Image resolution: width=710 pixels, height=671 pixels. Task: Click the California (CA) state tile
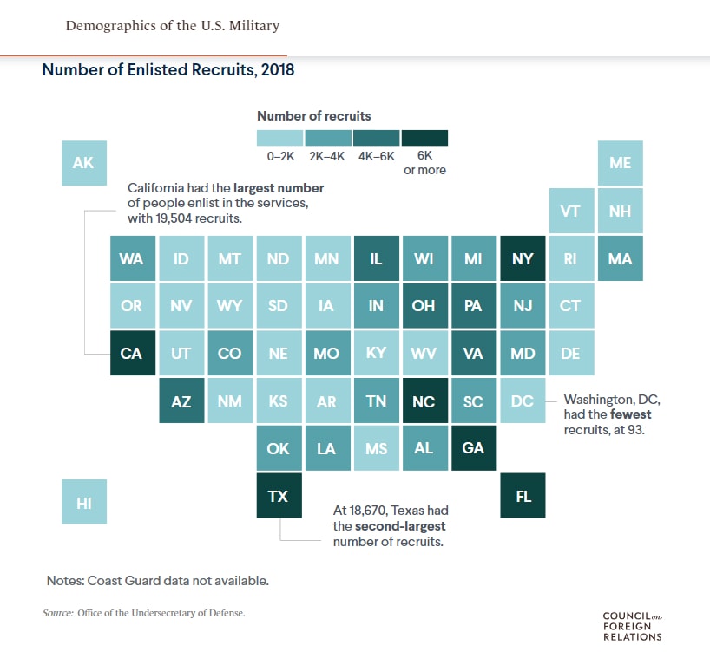(132, 353)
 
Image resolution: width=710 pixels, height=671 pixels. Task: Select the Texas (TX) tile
(278, 496)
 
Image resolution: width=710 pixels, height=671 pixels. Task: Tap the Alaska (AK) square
(83, 162)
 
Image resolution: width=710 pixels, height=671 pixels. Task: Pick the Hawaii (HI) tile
(83, 502)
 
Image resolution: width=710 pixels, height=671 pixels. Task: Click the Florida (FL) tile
(523, 496)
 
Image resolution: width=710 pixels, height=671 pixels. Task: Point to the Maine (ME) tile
(620, 162)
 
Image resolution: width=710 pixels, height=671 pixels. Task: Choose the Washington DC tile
(523, 401)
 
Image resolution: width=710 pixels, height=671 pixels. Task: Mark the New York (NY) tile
(523, 258)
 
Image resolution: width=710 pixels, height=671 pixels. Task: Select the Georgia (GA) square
(474, 448)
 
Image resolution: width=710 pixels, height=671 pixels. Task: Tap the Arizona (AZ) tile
(181, 401)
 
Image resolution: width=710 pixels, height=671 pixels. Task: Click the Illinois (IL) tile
(376, 258)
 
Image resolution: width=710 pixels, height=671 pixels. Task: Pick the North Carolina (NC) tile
(424, 401)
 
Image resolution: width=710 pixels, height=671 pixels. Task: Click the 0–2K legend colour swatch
(279, 138)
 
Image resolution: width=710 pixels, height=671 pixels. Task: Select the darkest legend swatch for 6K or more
(424, 138)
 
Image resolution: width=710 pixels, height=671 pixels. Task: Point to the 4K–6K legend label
(376, 156)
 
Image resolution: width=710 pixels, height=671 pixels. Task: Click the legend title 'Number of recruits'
(313, 115)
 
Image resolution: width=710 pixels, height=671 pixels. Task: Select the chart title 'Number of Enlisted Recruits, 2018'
(168, 70)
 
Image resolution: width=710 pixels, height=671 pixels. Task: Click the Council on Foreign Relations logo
(632, 626)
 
